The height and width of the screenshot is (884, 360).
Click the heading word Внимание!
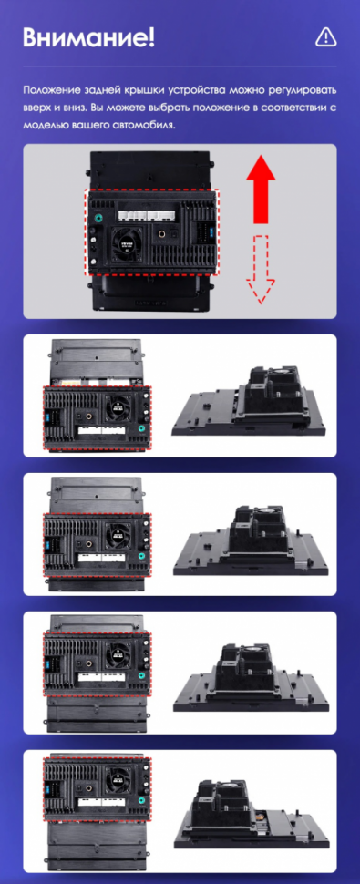[x=89, y=37]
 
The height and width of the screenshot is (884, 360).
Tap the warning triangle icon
[x=325, y=37]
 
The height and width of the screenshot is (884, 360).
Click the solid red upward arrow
[x=261, y=190]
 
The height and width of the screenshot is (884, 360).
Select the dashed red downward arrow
[x=261, y=270]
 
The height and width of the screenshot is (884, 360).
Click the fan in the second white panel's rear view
[x=119, y=534]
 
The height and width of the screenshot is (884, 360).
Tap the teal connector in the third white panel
[x=142, y=674]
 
